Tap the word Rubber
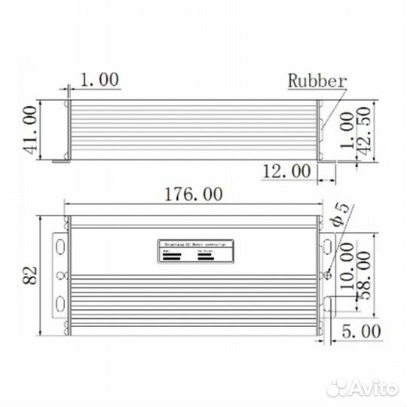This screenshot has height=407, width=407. pos(317,81)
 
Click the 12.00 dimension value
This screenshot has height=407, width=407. pos(286,172)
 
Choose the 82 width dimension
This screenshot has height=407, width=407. pos(30,274)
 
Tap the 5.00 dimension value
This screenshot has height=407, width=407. pos(360,331)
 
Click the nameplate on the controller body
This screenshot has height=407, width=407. pos(197,252)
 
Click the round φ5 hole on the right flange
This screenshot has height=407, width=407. pos(327,275)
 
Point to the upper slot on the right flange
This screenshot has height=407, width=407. pos(329,246)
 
